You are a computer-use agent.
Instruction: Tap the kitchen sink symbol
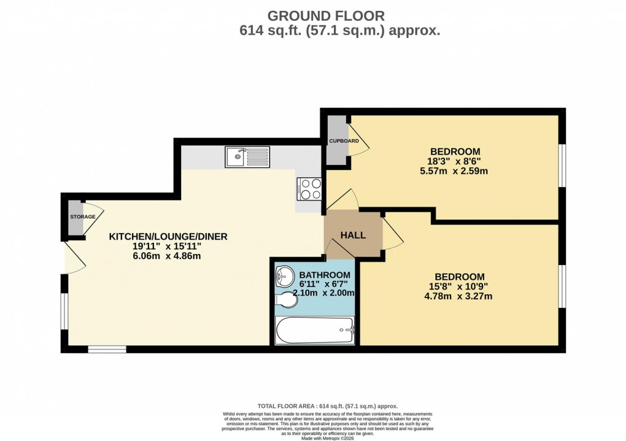pos(247,157)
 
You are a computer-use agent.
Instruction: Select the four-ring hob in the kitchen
pos(309,188)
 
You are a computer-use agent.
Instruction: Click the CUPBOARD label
pos(344,141)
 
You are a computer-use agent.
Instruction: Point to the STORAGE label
pos(82,217)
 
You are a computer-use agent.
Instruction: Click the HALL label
pos(353,235)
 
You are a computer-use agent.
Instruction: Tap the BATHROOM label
pos(325,275)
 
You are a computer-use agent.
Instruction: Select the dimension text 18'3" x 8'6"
pos(455,161)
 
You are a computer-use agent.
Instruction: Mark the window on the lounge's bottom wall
pos(107,349)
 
